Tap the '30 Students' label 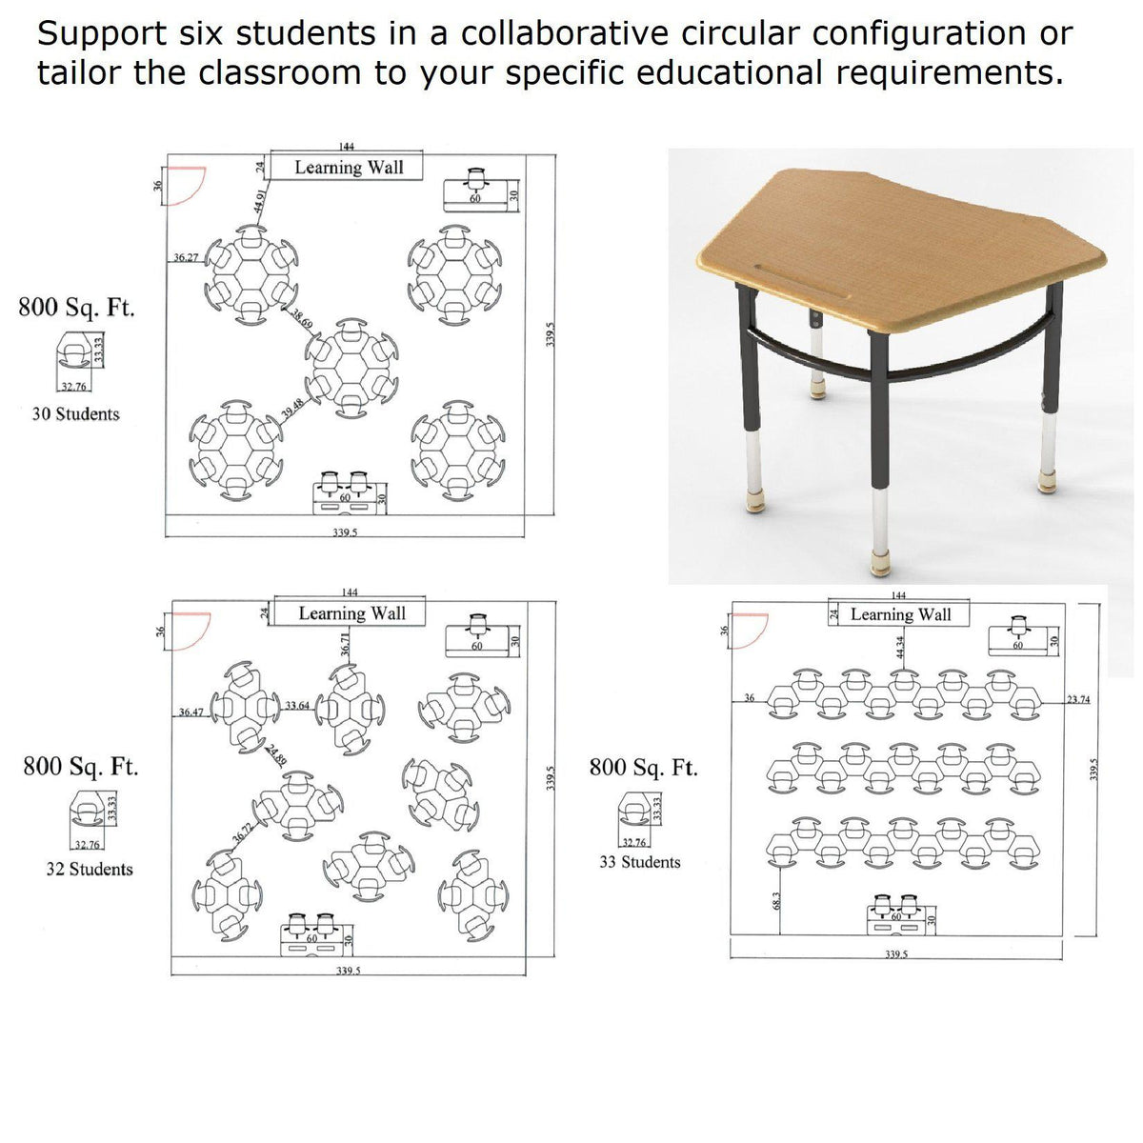point(76,414)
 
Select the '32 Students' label point(90,869)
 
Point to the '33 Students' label point(640,862)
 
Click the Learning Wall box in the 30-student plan point(349,168)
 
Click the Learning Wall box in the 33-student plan point(900,614)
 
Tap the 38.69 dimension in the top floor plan point(302,319)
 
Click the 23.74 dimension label point(1078,699)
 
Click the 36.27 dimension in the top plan point(186,257)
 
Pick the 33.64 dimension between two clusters point(296,706)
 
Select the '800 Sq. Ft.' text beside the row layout point(643,768)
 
